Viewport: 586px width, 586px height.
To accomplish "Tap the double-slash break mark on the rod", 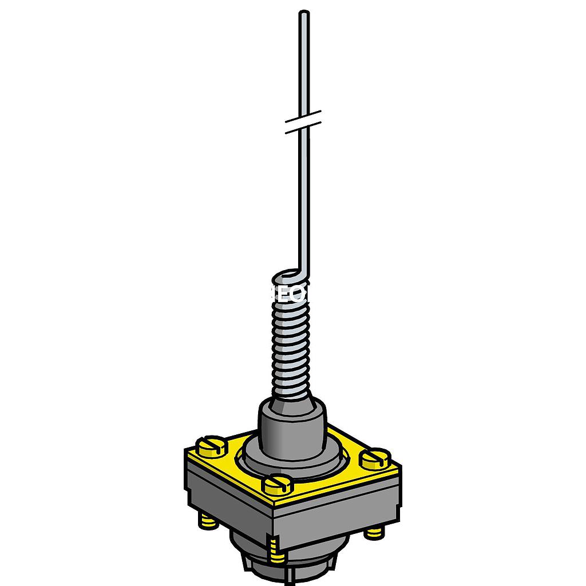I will click(303, 121).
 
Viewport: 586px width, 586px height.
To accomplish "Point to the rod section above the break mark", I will click(304, 63).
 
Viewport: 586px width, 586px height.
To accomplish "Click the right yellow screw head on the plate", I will click(375, 458).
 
